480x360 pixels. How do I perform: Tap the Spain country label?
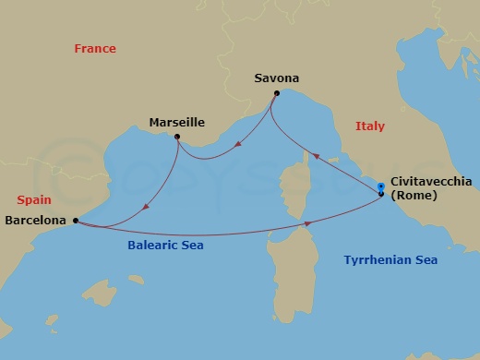click(x=32, y=199)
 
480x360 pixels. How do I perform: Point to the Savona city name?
click(x=277, y=78)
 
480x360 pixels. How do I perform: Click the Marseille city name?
click(x=176, y=122)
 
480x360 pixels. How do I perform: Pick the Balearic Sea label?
click(x=166, y=246)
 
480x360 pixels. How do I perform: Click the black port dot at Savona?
click(x=276, y=93)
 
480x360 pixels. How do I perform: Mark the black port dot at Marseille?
click(x=177, y=137)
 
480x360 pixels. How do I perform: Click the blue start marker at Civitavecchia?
click(x=381, y=188)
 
